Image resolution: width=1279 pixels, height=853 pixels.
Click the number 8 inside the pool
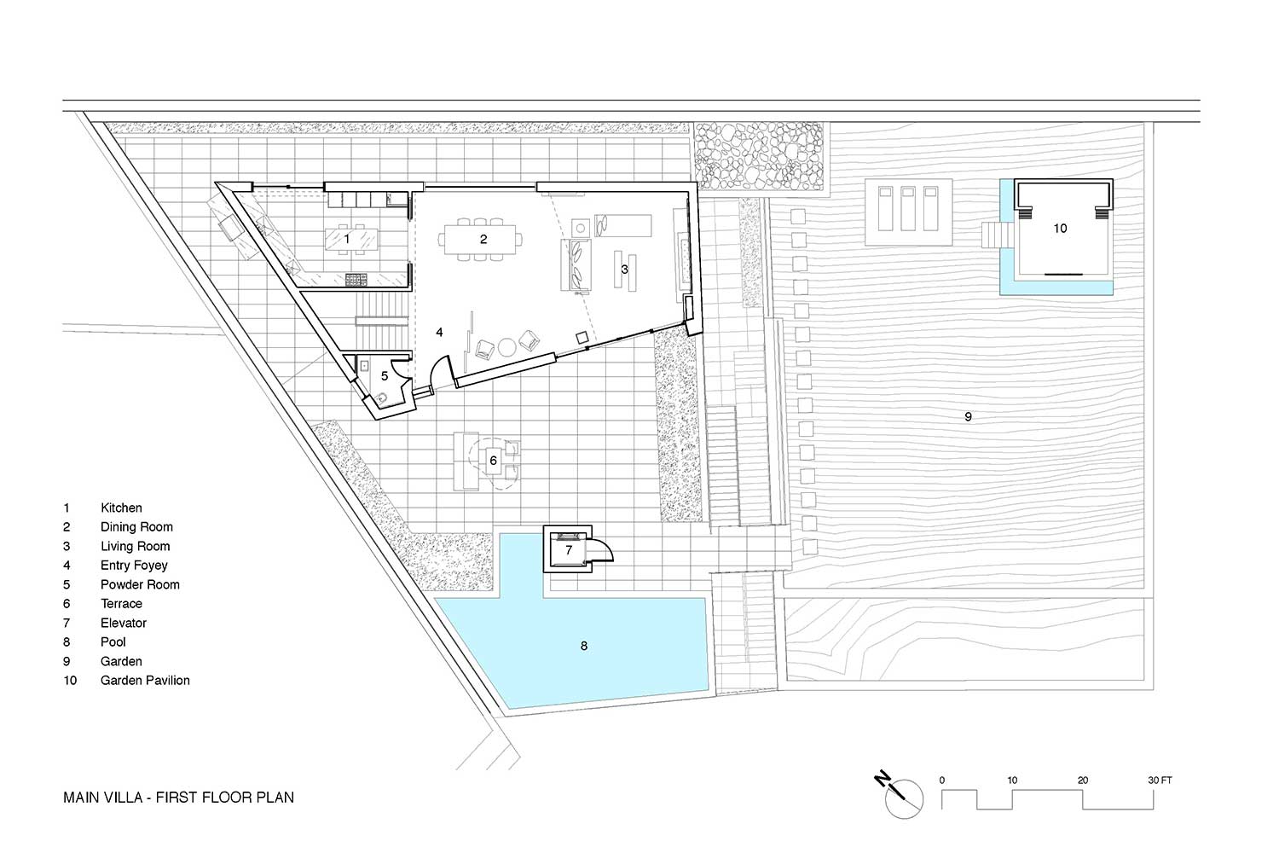[583, 646]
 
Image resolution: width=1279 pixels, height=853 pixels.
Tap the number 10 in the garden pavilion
[1060, 229]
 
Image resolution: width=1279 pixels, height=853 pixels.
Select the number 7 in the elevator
[569, 550]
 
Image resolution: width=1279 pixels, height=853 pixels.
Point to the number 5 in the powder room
[385, 376]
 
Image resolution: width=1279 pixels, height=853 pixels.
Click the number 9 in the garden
[968, 416]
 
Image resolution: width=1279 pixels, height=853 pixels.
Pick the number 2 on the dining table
[483, 240]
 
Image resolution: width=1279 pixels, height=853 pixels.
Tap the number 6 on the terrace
[494, 461]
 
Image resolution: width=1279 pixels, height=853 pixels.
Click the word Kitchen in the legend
[121, 508]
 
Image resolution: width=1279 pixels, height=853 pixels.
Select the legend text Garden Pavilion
[145, 681]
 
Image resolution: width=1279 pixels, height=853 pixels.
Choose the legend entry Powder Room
[140, 584]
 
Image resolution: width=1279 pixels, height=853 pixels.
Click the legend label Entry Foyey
[134, 566]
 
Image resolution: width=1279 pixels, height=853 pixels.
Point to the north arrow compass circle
[904, 799]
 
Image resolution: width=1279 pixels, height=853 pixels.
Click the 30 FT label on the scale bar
[1159, 780]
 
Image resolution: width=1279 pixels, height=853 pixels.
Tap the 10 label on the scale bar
[1012, 780]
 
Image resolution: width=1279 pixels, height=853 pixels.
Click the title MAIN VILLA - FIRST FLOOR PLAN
[178, 798]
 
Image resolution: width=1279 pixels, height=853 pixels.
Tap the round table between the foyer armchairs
[507, 347]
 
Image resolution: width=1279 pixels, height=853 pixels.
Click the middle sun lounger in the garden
[908, 208]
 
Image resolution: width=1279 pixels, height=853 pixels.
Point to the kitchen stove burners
[356, 280]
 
